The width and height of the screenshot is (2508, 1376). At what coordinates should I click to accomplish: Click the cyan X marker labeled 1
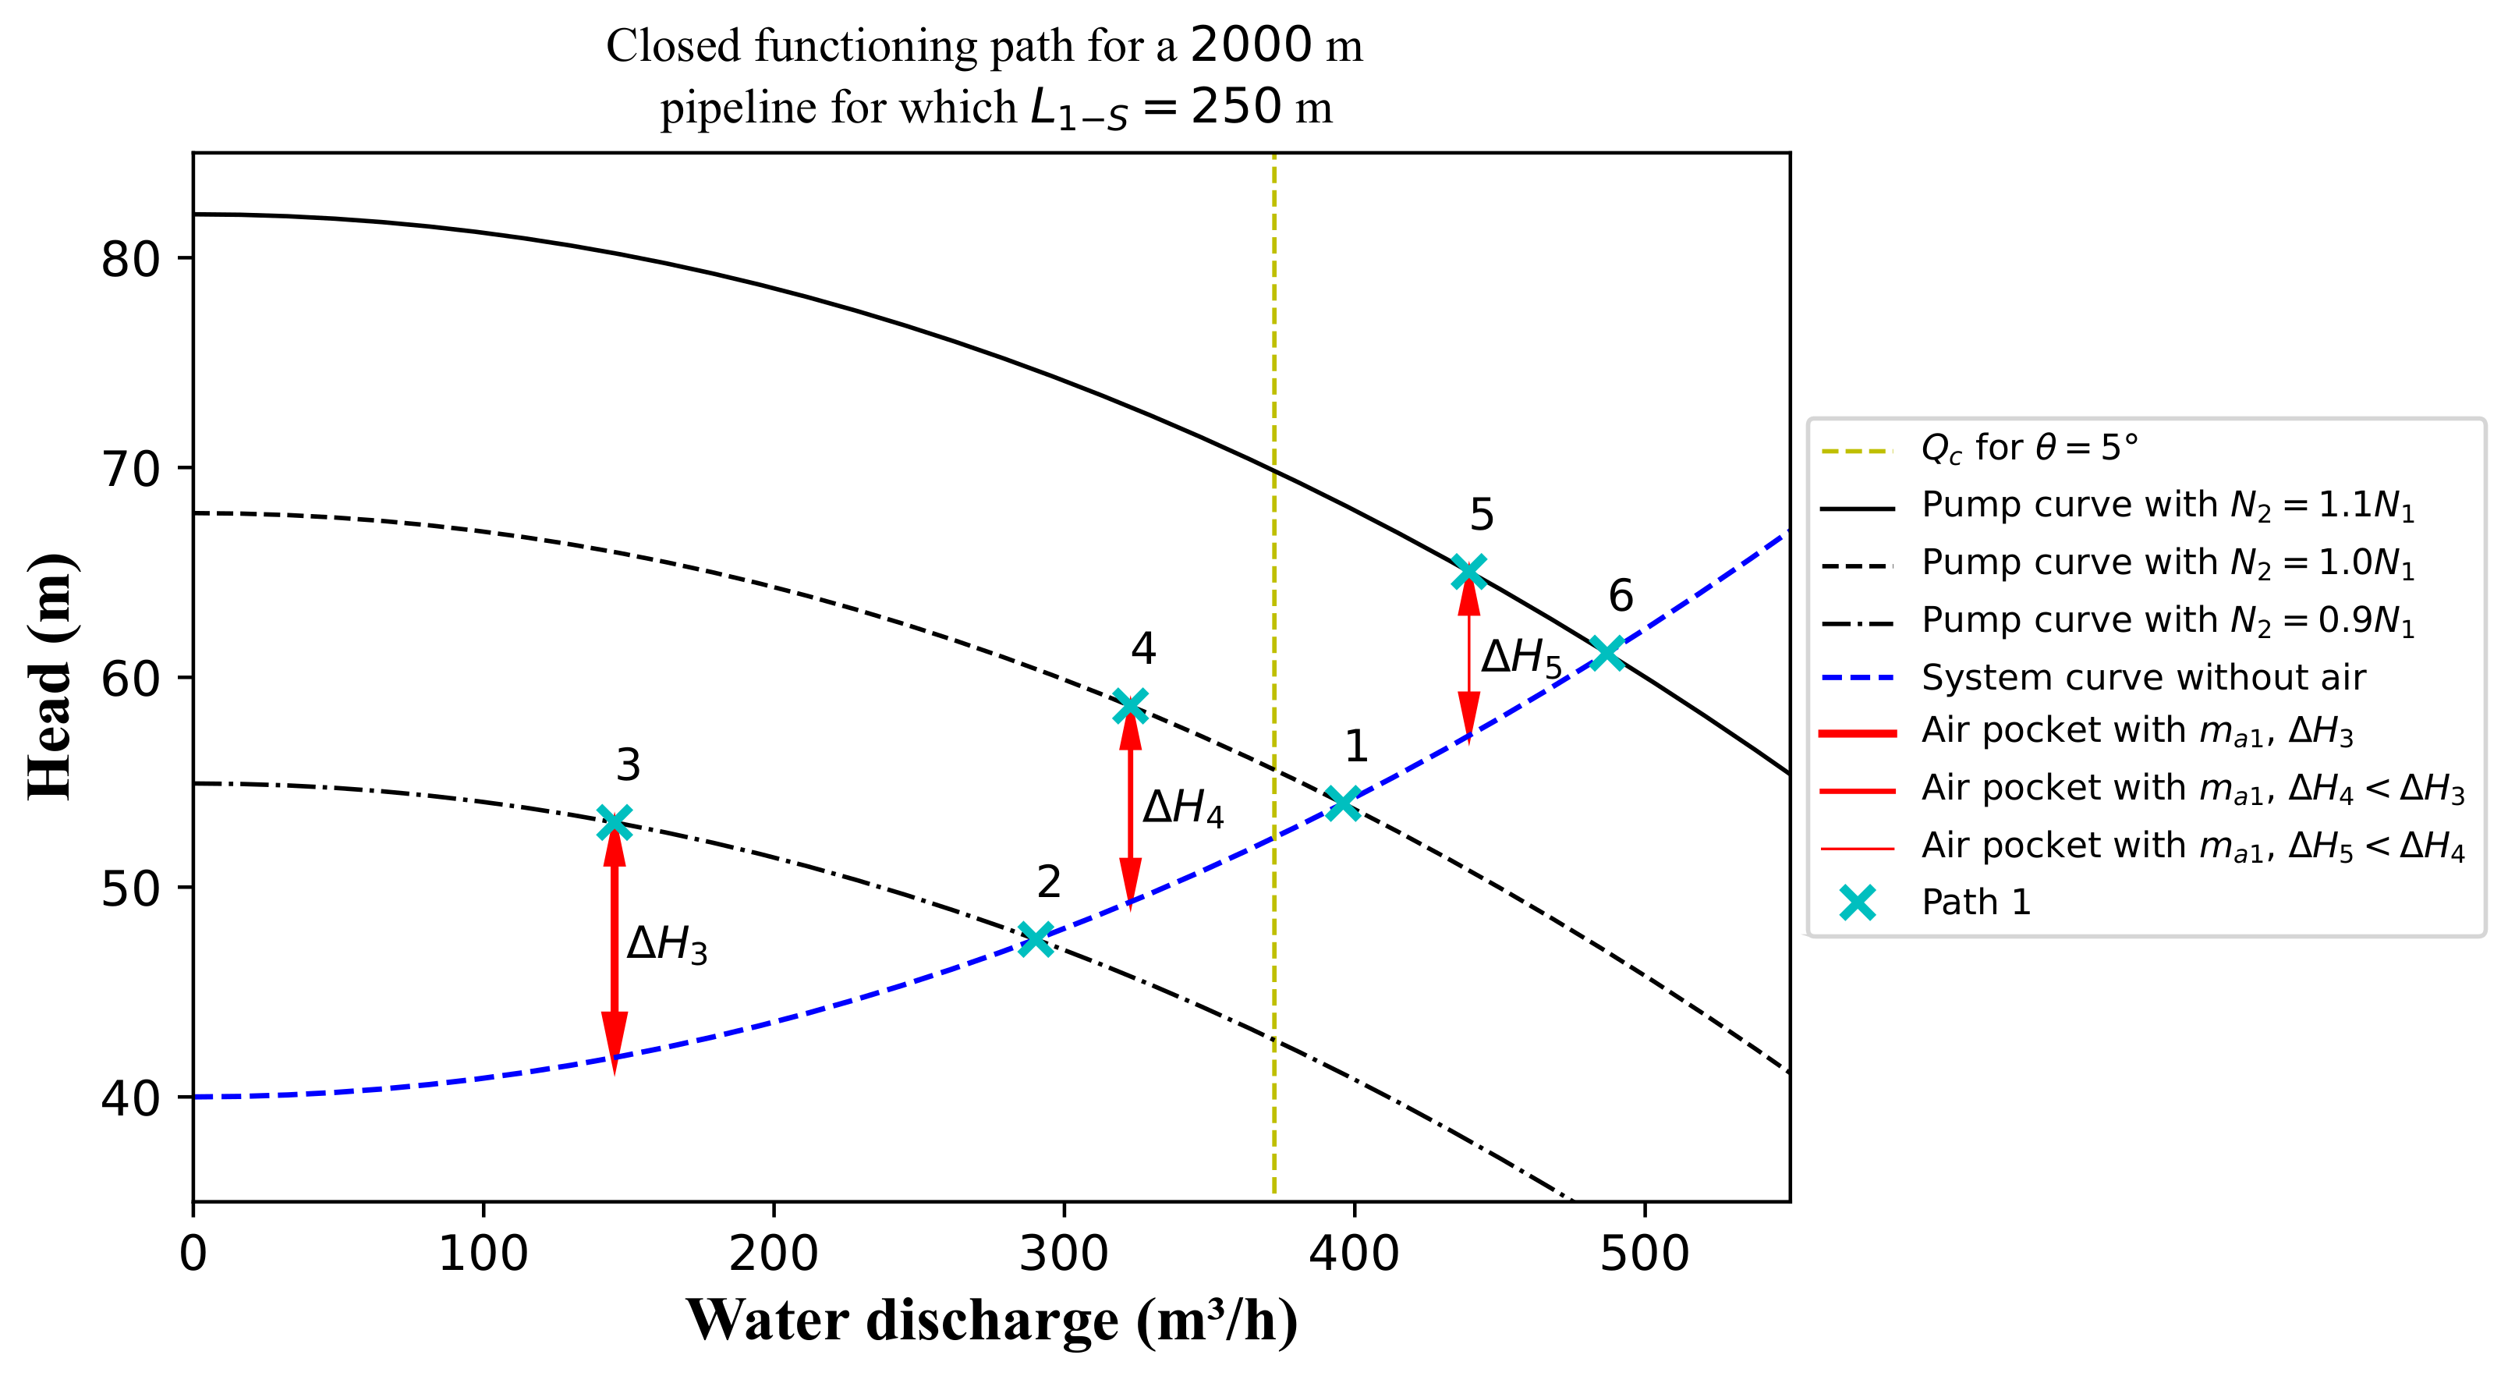click(x=1344, y=803)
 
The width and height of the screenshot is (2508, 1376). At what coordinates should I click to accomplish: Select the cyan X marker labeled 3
click(x=614, y=822)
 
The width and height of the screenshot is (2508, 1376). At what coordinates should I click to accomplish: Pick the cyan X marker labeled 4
click(x=1129, y=705)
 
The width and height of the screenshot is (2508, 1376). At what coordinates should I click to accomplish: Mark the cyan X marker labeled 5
click(x=1468, y=572)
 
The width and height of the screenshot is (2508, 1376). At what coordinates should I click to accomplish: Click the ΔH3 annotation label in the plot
click(x=667, y=945)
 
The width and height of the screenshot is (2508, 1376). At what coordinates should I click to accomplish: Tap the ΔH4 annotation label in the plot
click(x=1183, y=808)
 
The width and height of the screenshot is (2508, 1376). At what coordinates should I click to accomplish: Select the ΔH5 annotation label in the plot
click(x=1521, y=658)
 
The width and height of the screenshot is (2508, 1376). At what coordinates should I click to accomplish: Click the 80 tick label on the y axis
click(x=130, y=259)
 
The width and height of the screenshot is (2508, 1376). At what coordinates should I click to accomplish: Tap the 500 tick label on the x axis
click(x=1645, y=1254)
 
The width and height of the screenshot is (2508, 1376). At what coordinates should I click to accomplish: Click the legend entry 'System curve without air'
click(x=2142, y=677)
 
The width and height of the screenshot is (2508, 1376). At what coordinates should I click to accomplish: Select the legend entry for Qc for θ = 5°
click(x=2029, y=448)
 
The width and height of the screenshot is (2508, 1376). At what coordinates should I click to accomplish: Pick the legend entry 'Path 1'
click(x=1975, y=903)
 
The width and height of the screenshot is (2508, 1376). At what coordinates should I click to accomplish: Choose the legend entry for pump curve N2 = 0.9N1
click(x=2167, y=620)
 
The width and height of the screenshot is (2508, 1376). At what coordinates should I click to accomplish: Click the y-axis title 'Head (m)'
click(x=51, y=677)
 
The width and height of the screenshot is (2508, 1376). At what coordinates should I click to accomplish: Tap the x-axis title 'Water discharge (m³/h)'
click(x=991, y=1321)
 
